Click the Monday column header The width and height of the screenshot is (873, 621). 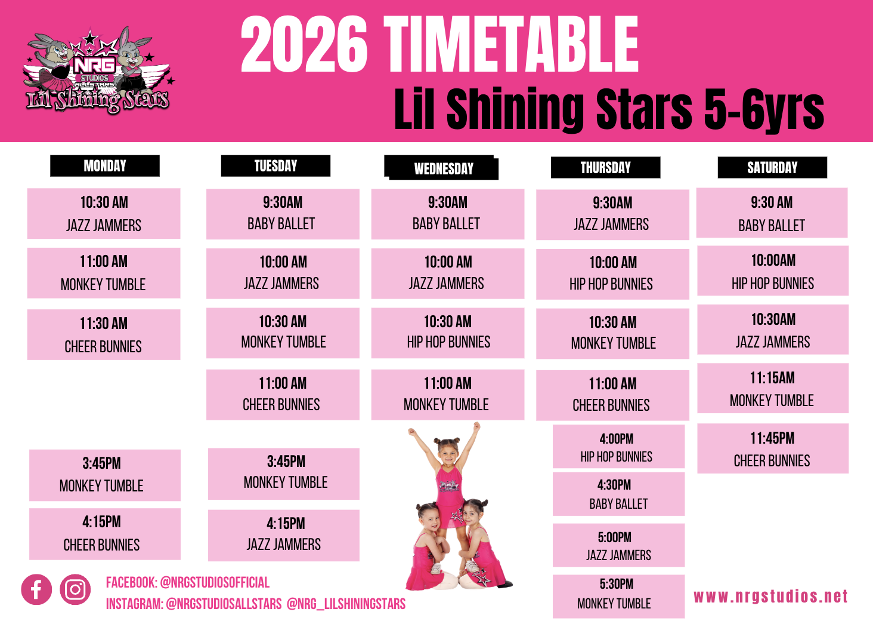coord(105,166)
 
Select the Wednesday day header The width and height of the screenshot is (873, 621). coord(441,167)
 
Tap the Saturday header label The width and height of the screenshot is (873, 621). coord(772,167)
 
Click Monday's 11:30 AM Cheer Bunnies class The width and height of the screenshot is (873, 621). coord(104,334)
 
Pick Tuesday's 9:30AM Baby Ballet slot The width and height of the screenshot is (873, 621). coord(283,214)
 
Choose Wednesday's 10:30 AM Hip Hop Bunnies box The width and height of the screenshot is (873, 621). coord(448,333)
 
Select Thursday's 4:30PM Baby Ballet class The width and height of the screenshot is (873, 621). coord(618,494)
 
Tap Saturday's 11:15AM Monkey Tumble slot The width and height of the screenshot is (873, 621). coord(773,388)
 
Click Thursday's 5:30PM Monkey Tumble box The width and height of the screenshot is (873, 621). coord(618,596)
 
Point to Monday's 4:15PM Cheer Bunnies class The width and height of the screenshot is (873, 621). coord(105,534)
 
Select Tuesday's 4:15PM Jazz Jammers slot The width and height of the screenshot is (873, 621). coord(284,535)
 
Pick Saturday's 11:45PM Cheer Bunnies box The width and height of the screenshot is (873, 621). coord(773,448)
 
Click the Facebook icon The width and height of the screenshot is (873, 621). coord(36,589)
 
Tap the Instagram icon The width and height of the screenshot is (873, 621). coord(75,589)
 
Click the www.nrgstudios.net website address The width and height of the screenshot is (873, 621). coord(770,597)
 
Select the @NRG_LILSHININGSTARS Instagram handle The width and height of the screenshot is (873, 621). coord(346,604)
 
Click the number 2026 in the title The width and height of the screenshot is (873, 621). coord(304,45)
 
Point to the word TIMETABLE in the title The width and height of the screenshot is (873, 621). coord(510,45)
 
